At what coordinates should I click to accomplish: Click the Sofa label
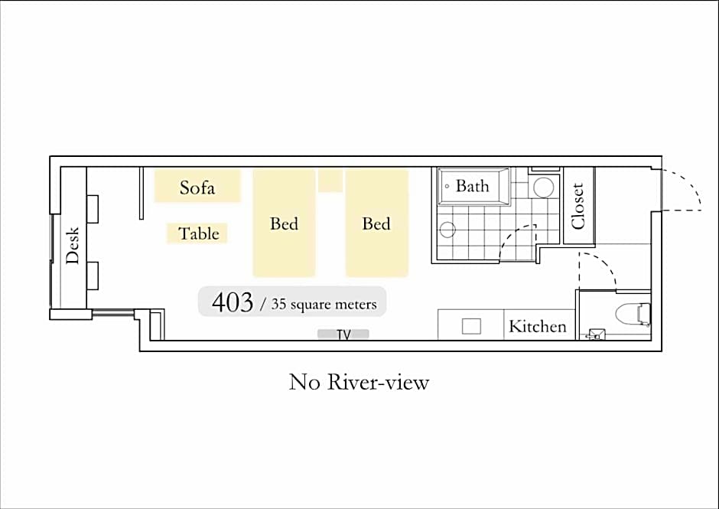tap(197, 188)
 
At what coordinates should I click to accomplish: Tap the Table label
tap(199, 233)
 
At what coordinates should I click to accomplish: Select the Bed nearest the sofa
tap(285, 223)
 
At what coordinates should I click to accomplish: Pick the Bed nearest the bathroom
tap(377, 223)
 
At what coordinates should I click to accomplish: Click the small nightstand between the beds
tap(330, 181)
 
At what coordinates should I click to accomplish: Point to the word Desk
tap(73, 246)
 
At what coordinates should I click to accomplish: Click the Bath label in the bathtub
tap(472, 186)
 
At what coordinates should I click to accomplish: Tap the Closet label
tap(577, 206)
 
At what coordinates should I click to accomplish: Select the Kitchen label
tap(538, 326)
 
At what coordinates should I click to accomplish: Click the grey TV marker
tap(343, 334)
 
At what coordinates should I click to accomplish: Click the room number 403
tap(233, 302)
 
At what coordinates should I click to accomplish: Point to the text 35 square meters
tap(324, 304)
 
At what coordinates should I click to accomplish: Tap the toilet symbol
tap(633, 314)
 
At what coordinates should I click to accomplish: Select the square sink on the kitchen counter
tap(471, 326)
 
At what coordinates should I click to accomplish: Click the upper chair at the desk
tap(92, 209)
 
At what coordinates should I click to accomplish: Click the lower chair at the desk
tap(92, 276)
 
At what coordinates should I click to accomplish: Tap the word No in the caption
tap(304, 382)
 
